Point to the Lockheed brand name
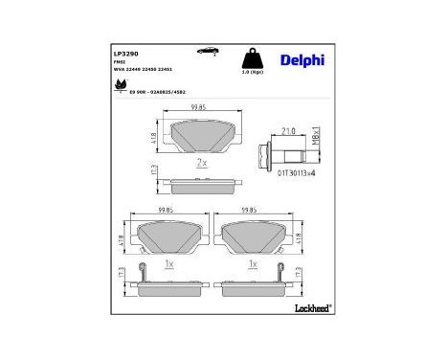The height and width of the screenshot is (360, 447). click(x=309, y=306)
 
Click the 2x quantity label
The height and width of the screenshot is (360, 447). click(x=202, y=162)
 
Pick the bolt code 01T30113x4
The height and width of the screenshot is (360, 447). click(x=285, y=174)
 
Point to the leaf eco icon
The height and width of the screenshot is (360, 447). click(x=121, y=84)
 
